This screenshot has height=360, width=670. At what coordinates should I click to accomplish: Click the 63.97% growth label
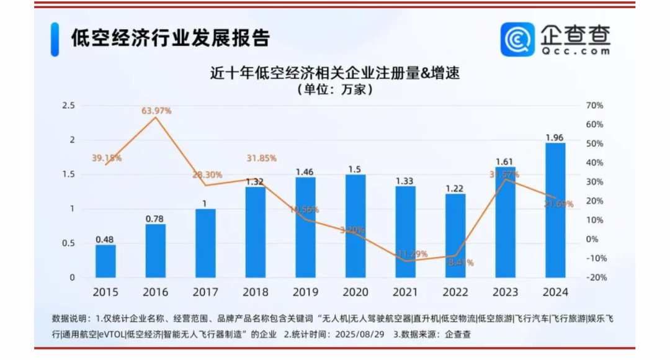(x=156, y=110)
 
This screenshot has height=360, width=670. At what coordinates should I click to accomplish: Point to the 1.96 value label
(x=555, y=137)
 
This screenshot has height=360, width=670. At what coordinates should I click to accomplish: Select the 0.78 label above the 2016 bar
(x=156, y=218)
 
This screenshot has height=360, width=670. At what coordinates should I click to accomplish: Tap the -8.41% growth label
(x=459, y=263)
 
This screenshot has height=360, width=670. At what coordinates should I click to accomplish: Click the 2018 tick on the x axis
(x=256, y=292)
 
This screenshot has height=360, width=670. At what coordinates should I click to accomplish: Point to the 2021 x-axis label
(x=406, y=292)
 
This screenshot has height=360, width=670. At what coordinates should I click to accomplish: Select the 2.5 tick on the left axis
(x=68, y=106)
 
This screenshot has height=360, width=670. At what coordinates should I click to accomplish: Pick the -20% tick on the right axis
(x=596, y=277)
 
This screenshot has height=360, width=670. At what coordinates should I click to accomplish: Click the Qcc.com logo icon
(x=517, y=39)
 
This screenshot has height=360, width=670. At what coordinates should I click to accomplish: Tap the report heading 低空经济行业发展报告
(x=171, y=38)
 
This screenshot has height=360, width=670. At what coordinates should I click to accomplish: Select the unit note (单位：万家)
(x=335, y=89)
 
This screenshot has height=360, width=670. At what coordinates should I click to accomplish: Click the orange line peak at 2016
(x=155, y=117)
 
